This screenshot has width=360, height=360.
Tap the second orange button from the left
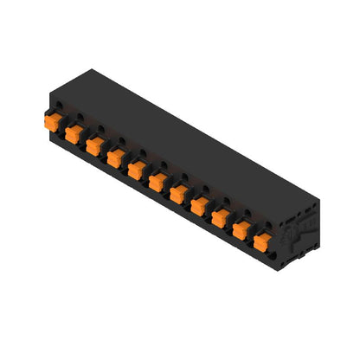tap(74, 132)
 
